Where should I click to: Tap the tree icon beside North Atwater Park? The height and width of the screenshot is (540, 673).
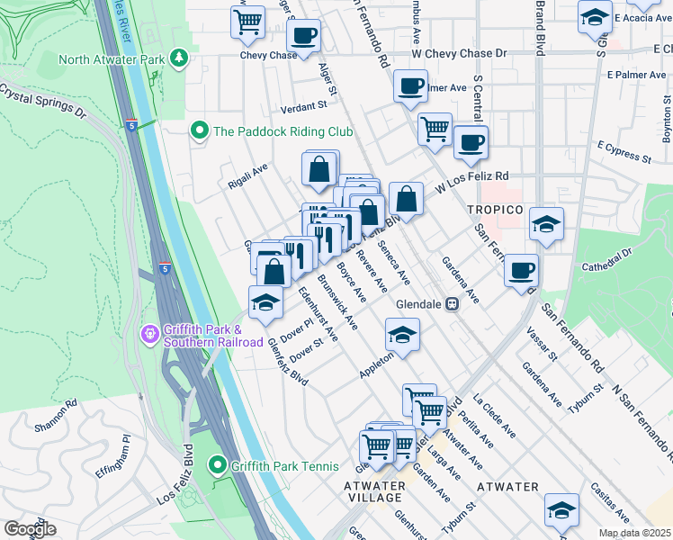180,59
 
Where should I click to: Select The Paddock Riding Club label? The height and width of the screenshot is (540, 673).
282,131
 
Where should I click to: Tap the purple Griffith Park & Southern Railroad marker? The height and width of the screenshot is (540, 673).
150,335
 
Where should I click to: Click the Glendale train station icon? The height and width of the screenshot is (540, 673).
453,304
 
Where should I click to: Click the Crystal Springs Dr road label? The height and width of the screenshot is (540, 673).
42,102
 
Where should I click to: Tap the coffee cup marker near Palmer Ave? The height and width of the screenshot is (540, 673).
410,87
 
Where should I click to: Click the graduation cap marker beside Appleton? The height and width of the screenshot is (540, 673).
402,336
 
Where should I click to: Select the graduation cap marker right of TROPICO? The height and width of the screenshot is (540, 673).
546,225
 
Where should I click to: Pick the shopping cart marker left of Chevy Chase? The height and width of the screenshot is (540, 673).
248,21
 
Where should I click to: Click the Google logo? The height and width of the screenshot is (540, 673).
30,529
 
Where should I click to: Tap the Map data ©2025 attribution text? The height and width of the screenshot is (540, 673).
634,533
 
